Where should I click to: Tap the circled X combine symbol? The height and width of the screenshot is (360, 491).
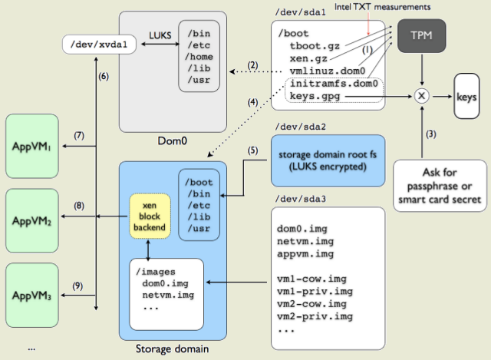(x=420, y=97)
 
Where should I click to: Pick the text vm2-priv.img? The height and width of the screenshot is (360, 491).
(x=315, y=316)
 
